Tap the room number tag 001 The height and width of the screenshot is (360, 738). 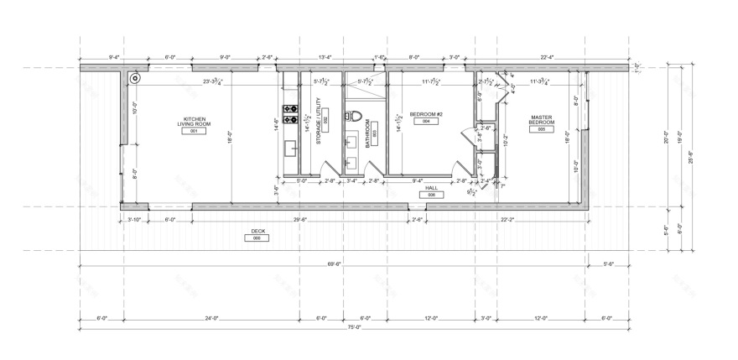pos(194,132)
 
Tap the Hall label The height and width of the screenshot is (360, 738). pos(432,188)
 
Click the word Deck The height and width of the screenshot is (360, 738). pos(257,231)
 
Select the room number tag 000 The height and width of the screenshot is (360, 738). pos(257,238)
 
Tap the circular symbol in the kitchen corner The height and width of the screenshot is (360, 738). pos(136,79)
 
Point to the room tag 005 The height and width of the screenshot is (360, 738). pos(542,130)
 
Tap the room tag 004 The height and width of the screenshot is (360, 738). pos(426,122)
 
